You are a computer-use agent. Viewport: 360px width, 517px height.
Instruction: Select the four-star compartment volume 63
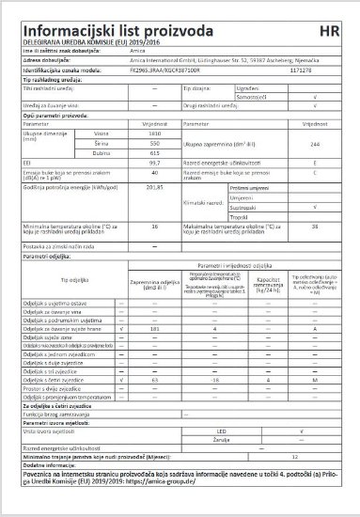(154, 405)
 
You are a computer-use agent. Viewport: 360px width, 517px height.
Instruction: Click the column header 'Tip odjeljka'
(73, 306)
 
